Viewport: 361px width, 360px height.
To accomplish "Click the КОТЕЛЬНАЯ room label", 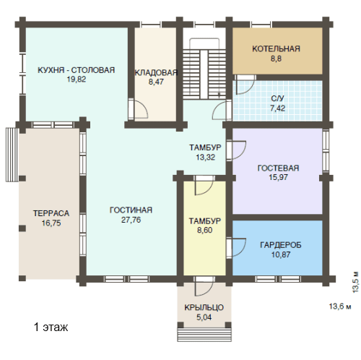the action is pos(276,48).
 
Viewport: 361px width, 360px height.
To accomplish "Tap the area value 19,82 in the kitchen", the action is pos(77,80).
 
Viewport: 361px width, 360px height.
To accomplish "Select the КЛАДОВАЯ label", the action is pos(156,72).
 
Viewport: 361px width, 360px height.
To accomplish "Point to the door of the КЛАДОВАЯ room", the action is pos(139,109).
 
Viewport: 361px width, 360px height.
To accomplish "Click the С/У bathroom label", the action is pos(277,98).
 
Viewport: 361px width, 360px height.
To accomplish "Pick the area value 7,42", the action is pos(277,108).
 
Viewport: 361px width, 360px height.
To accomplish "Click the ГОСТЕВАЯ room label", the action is pos(278,168).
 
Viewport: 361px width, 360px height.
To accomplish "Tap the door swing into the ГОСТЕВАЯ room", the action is pos(236,150).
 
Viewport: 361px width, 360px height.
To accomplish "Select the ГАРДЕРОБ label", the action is pos(281,245).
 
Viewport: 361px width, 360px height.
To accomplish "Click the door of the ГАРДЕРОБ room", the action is pos(236,248).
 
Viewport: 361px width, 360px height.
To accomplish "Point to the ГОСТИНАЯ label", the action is pos(131,210).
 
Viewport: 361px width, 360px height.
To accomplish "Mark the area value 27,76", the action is pos(131,220).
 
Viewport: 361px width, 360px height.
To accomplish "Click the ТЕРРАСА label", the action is pos(51,213).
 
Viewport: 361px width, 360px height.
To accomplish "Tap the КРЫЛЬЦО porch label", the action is pos(204,307).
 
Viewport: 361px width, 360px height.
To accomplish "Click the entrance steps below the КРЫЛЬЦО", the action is pos(204,335).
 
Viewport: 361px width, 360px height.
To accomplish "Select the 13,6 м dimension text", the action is pos(340,307).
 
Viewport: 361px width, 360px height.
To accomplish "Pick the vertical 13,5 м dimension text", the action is pos(356,282).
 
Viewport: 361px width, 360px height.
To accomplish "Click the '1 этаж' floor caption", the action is pos(51,327).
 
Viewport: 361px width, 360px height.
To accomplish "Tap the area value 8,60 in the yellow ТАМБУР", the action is pos(205,230).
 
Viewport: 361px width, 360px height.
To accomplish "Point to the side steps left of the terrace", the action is pos(12,155).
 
